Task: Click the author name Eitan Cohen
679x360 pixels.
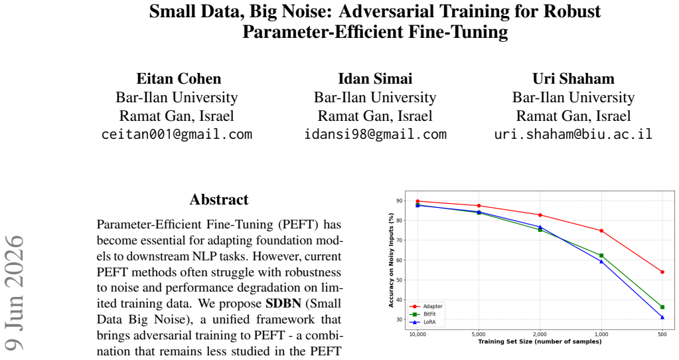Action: tap(179, 78)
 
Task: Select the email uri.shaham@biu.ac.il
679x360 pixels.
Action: tap(573, 134)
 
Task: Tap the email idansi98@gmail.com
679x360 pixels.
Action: tap(375, 134)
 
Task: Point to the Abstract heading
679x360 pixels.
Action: tap(219, 199)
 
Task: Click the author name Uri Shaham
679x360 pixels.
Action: tap(573, 78)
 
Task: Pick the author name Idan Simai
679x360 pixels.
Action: tap(375, 78)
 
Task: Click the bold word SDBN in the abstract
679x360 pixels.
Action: tap(283, 304)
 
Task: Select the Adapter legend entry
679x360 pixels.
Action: tap(426, 306)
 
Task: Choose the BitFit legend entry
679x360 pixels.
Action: tap(423, 314)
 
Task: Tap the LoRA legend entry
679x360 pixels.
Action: tap(423, 322)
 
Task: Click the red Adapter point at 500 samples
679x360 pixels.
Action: tap(662, 272)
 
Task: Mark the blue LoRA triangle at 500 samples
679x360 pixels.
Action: tap(662, 317)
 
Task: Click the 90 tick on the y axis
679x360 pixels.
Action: tap(399, 201)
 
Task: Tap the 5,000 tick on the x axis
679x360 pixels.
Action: tap(479, 335)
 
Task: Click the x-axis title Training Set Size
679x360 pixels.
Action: tap(540, 341)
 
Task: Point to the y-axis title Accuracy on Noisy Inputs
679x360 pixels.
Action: tap(392, 260)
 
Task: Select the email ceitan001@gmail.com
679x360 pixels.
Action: tap(177, 134)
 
